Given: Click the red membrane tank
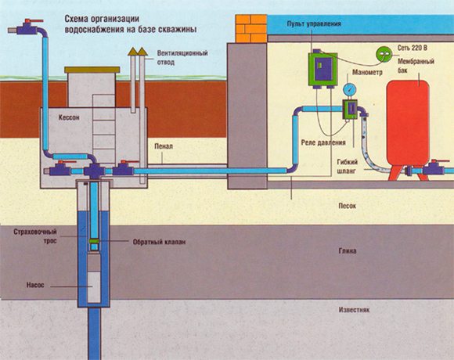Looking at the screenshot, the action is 408,128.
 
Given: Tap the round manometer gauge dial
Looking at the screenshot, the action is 350,89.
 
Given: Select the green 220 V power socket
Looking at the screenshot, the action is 384,54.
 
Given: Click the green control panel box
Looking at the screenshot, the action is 322,69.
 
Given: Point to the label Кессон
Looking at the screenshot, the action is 69,117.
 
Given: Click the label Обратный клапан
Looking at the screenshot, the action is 159,242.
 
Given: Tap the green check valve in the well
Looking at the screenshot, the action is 95,241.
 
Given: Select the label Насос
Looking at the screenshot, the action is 35,285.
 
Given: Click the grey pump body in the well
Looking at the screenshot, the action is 94,277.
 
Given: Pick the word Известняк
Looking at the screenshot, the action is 354,310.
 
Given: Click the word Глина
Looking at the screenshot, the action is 348,251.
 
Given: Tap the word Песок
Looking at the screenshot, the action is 348,206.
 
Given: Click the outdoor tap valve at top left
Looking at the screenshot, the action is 27,27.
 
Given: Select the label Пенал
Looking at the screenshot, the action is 164,146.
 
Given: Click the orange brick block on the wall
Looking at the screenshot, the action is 251,28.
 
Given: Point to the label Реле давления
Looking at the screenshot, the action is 323,142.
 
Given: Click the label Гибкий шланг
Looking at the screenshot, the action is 347,167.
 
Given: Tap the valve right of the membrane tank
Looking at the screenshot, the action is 434,167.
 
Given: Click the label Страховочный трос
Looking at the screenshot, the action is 35,236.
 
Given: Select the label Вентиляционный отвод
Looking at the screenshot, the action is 182,58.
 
